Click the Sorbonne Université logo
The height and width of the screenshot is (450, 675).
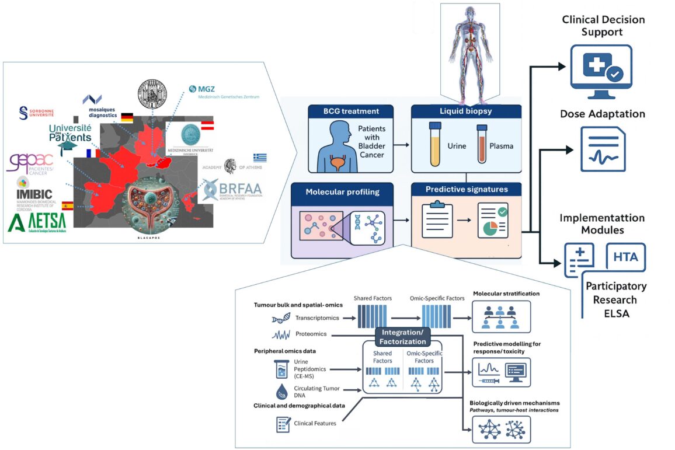coord(37,113)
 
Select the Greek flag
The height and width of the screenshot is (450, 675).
coord(260,158)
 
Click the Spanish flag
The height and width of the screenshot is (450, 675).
coord(67,205)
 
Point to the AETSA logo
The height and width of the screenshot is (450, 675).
coord(37,221)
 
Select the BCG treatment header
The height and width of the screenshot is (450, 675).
coord(351,111)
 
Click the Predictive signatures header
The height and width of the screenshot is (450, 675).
coord(466,189)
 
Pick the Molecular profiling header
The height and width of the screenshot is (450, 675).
coord(342,191)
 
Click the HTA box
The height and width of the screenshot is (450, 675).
coord(625,256)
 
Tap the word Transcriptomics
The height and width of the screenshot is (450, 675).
coord(319,319)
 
